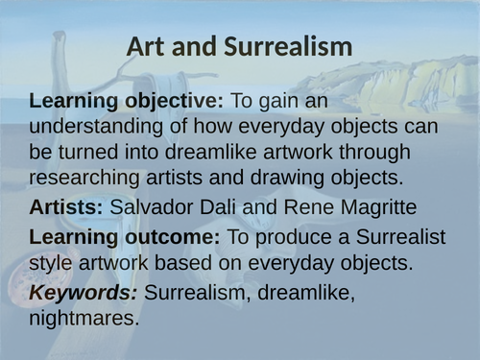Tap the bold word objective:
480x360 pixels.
coord(177,101)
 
